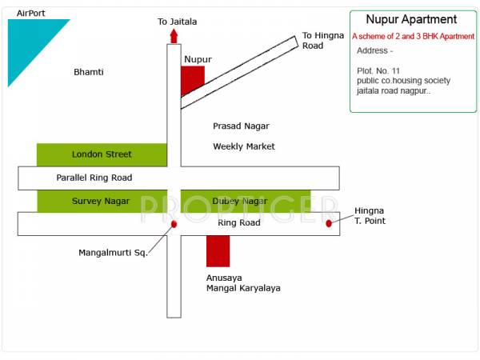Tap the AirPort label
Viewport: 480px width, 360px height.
click(x=30, y=14)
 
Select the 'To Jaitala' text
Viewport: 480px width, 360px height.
click(x=177, y=22)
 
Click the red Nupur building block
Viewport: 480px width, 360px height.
click(x=192, y=79)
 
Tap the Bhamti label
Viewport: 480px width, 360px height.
click(x=89, y=72)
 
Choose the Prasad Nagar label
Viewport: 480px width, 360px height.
click(x=241, y=126)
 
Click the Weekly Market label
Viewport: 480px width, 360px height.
click(x=243, y=146)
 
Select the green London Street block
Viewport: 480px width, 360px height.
click(x=102, y=154)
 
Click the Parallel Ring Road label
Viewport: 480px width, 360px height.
click(x=94, y=178)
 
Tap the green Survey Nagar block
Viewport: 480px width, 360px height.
click(x=102, y=201)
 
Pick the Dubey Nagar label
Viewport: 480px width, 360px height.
click(x=240, y=201)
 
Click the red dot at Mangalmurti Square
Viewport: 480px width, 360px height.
click(x=174, y=224)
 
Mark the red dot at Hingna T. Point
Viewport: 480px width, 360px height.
click(x=329, y=223)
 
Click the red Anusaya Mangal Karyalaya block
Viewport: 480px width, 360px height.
click(x=218, y=251)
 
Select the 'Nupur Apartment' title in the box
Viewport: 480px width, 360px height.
click(x=411, y=20)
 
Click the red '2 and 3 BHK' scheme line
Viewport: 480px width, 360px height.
click(x=413, y=37)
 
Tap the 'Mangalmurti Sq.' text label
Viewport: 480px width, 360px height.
click(x=113, y=253)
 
